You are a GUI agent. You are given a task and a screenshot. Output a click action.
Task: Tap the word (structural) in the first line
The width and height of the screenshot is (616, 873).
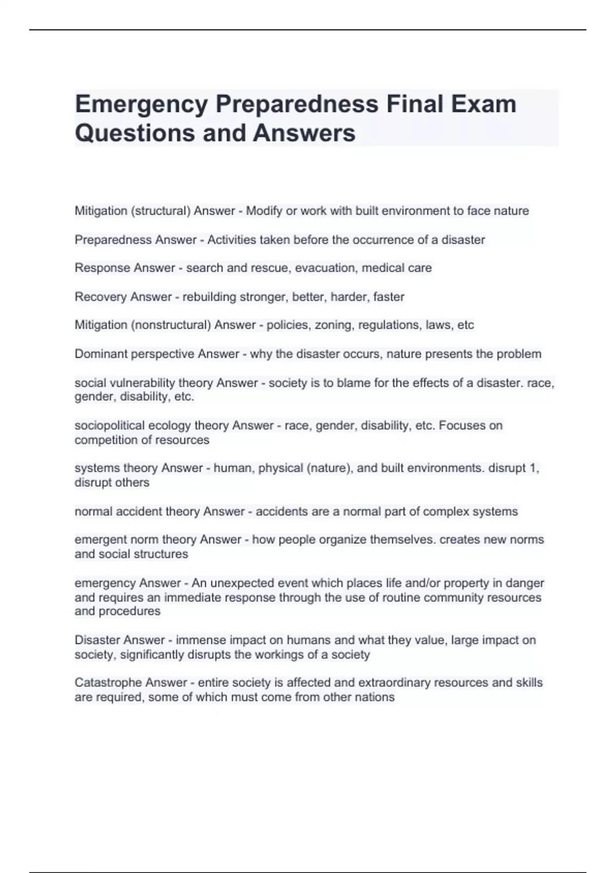point(161,211)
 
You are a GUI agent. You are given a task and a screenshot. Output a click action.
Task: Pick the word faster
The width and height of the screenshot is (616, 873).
point(388,297)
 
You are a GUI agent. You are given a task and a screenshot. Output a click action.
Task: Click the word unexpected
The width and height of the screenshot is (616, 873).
point(242,583)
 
